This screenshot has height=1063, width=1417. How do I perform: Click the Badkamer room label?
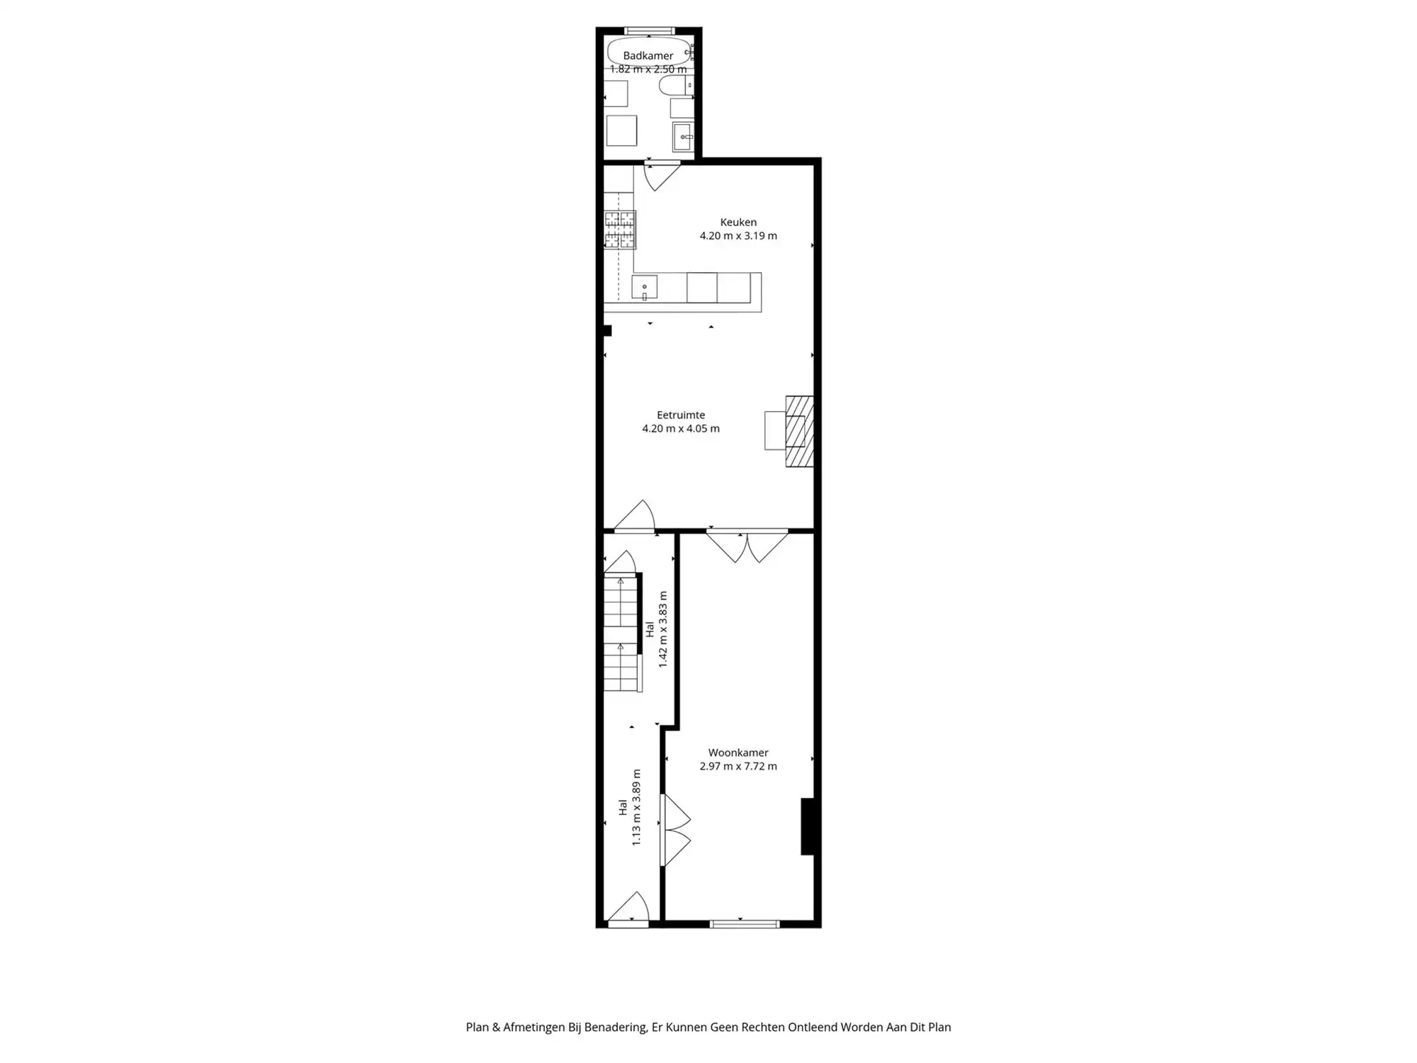tap(648, 55)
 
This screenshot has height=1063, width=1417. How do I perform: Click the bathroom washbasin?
tap(683, 136)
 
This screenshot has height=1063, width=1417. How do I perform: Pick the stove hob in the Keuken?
tap(620, 230)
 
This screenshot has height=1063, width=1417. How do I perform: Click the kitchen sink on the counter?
tap(644, 288)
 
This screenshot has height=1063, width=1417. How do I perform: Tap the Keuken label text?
tap(738, 223)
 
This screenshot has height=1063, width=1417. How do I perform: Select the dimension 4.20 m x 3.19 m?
tap(738, 236)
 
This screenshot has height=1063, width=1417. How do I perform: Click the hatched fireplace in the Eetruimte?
tap(799, 431)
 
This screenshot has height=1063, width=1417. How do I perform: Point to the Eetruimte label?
tap(680, 415)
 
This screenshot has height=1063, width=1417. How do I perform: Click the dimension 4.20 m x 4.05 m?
tap(680, 429)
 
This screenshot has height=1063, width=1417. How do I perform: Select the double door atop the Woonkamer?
tap(747, 546)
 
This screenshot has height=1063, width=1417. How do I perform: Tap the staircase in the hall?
tap(621, 634)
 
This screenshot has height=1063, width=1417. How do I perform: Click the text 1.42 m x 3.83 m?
tap(663, 629)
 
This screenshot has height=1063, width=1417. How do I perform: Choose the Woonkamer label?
tap(738, 753)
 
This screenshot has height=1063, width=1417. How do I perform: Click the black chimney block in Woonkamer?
tap(807, 826)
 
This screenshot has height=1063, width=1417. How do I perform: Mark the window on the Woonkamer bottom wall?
tap(745, 923)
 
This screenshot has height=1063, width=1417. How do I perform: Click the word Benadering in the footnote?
tap(615, 1028)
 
